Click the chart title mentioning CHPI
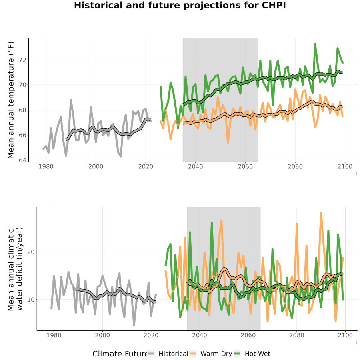point(180,5)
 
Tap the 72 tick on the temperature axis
point(23,60)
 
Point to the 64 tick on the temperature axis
point(23,160)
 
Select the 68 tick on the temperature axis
point(23,110)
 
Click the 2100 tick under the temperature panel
point(345,167)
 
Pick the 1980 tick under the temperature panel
point(46,167)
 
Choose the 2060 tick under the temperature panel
point(245,167)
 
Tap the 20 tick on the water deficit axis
point(31,252)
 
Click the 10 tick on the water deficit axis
point(31,300)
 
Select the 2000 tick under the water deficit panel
point(102,335)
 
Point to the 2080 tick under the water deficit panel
point(297,335)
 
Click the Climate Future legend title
point(120,354)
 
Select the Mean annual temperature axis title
point(11,100)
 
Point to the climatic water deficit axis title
point(15,269)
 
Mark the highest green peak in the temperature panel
point(315,44)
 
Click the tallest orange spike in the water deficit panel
point(321,213)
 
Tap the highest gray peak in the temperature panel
point(71,100)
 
